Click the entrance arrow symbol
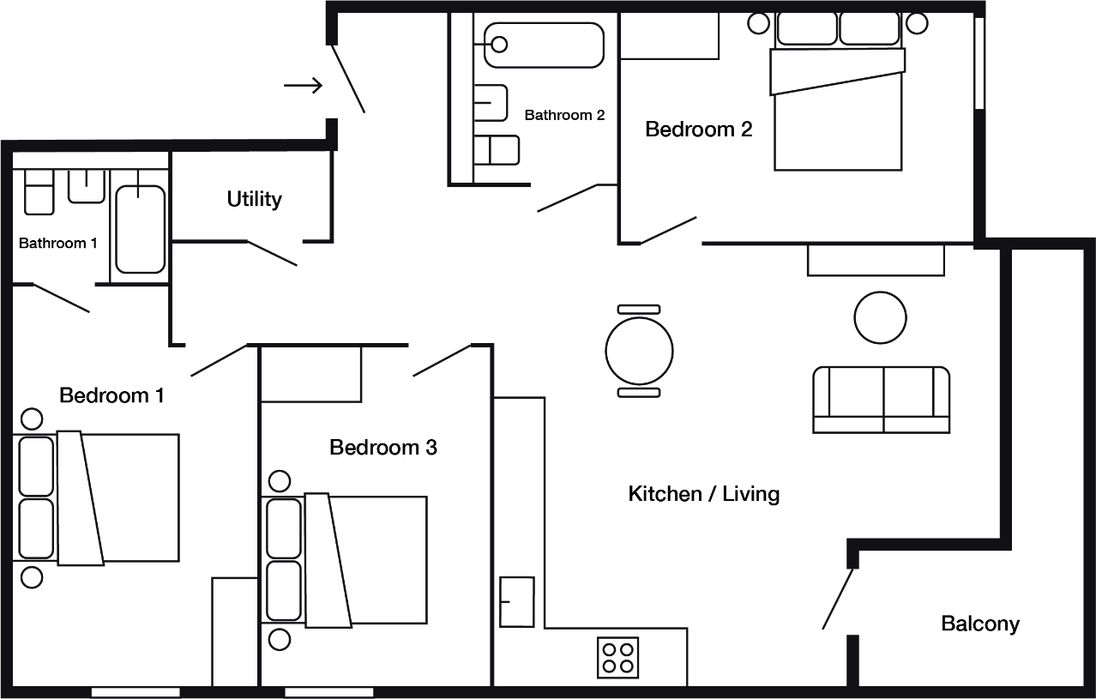pos(303,86)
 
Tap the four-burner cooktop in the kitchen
pos(618,658)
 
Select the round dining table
pos(639,351)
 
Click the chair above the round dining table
pos(639,309)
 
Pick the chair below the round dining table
pos(639,393)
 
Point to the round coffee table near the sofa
pos(881,317)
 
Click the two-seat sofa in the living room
pos(882,399)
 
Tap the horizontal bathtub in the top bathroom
pos(544,45)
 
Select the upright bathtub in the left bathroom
pos(141,229)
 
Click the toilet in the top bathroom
pos(497,150)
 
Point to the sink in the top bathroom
pos(492,102)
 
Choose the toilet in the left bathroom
pos(39,193)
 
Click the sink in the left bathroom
pos(87,186)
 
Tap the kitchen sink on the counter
pos(517,602)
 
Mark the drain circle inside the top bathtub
pos(500,44)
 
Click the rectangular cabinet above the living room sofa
pos(876,261)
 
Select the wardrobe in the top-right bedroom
pos(670,36)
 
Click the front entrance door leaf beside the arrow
pos(348,79)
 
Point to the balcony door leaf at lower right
pos(839,599)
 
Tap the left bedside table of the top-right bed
pos(759,23)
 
